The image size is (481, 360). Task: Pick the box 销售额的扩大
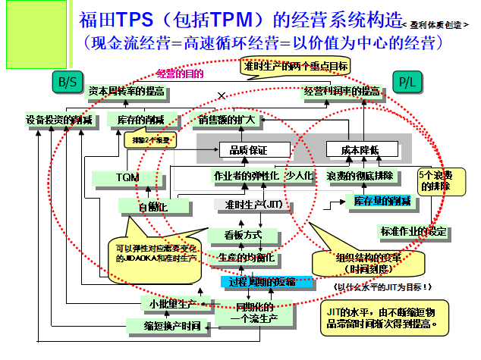click(231, 120)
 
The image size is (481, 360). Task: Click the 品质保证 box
click(244, 149)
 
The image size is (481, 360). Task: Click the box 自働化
click(152, 205)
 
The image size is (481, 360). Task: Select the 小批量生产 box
click(171, 305)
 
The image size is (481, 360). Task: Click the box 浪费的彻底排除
click(360, 177)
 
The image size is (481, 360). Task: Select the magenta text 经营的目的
click(181, 74)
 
